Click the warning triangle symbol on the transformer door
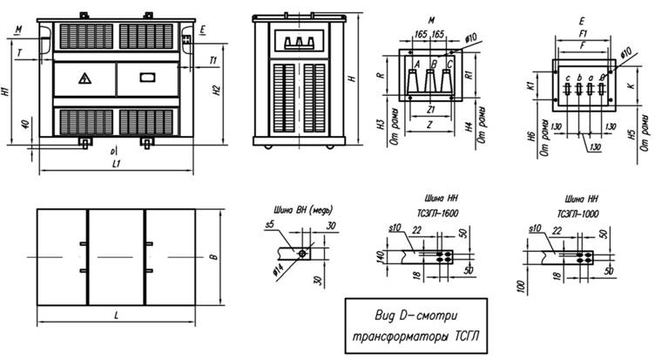[x=84, y=78]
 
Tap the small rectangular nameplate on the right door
[x=146, y=77]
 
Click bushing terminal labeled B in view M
[x=431, y=64]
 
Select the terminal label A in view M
[x=417, y=64]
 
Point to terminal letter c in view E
[x=566, y=79]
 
